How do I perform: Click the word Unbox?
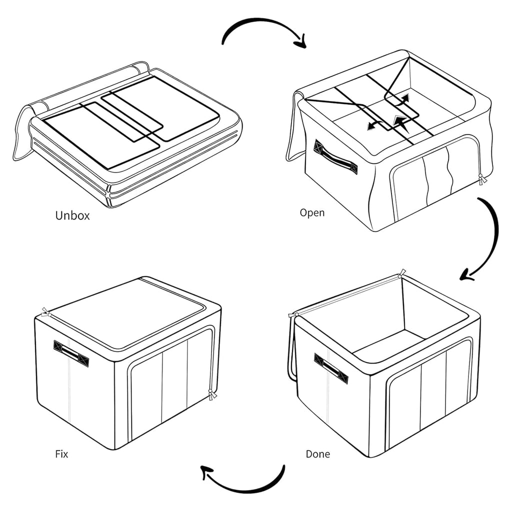(72, 215)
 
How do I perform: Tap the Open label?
(312, 213)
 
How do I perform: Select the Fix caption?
(61, 454)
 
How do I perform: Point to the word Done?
(317, 454)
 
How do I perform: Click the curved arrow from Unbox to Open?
(261, 20)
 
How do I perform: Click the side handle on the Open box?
(335, 157)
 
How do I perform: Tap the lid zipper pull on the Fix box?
(45, 312)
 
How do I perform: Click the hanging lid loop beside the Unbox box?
(21, 134)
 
